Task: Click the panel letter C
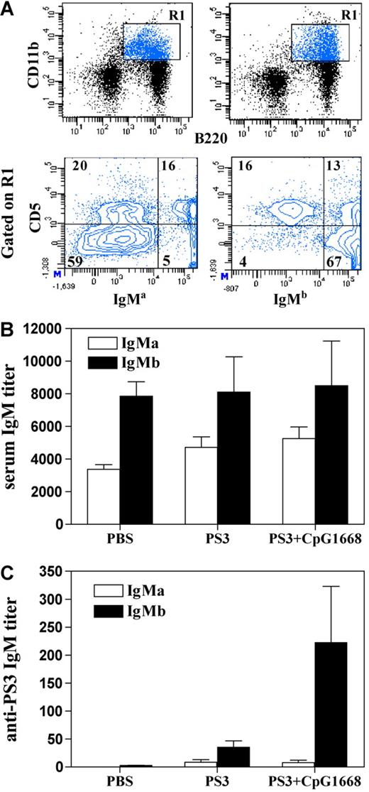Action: pyautogui.click(x=9, y=559)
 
